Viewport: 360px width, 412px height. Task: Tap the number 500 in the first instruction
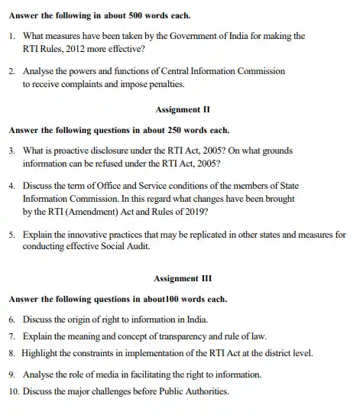[136, 13]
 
